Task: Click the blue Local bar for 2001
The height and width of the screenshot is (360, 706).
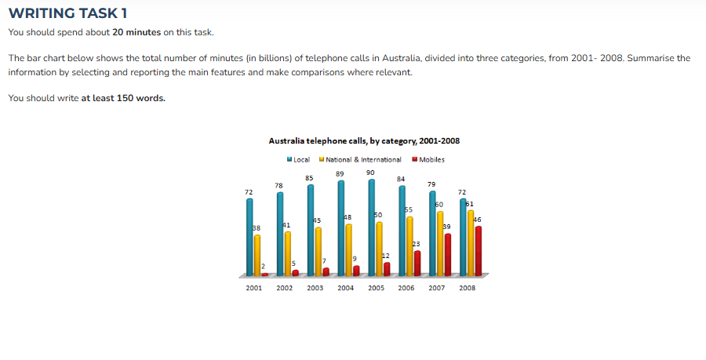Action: coord(249,237)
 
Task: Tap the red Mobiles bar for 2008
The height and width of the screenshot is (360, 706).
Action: coord(478,251)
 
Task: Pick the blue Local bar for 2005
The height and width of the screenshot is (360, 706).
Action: coord(371,227)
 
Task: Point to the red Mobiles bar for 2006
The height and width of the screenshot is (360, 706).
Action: coord(417,263)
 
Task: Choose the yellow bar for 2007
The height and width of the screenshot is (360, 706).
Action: coord(440,243)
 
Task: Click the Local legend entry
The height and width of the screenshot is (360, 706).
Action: coord(299,159)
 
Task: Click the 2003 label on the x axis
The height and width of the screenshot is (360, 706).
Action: coord(315,288)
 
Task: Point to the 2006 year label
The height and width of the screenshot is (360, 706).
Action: coord(406,288)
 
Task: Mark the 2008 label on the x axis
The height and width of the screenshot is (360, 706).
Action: coord(468,288)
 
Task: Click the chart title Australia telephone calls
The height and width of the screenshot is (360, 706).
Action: coord(364,141)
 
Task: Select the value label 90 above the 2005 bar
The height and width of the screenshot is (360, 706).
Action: coord(370,172)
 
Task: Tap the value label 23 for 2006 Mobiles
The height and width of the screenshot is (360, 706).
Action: coord(416,245)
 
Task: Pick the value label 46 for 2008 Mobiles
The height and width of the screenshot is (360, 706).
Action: coord(477,220)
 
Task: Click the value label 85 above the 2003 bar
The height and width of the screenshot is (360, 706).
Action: coord(310,178)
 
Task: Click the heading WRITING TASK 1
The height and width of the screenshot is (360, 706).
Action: coord(67,13)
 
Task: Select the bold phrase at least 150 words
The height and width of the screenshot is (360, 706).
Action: coord(123,98)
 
